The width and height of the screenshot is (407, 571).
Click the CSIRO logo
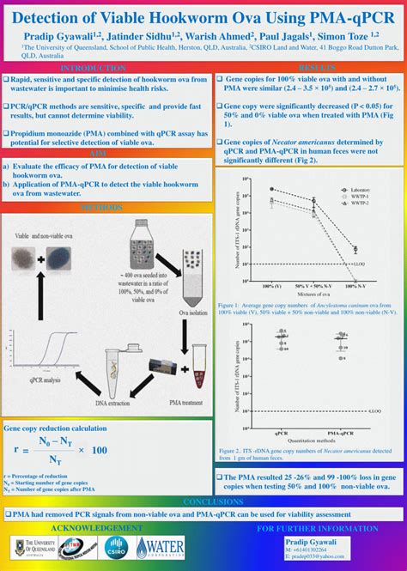[116, 547]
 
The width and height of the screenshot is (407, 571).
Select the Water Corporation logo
[161, 547]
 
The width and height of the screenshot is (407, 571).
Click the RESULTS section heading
[315, 67]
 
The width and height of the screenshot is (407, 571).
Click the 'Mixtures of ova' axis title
[313, 294]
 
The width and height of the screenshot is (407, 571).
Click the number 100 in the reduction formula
[99, 450]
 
